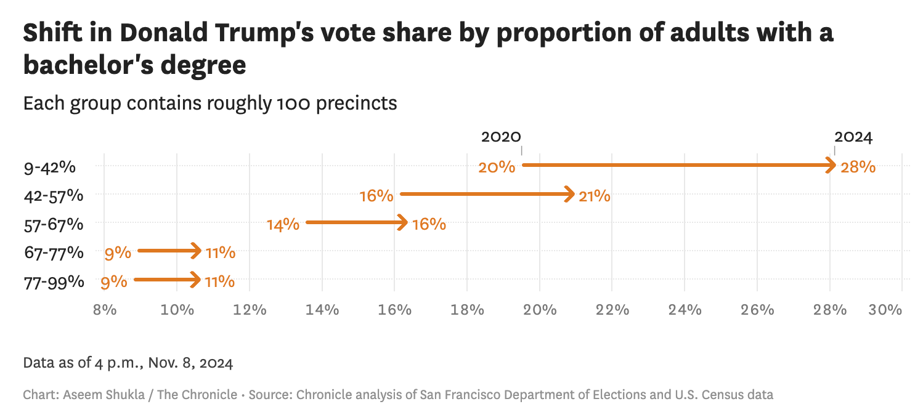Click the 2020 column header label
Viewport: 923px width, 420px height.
pos(501,137)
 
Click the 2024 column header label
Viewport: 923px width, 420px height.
pos(853,137)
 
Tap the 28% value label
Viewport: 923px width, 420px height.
pos(858,166)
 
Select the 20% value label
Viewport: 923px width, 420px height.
pos(497,166)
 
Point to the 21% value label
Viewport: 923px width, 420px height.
pos(594,196)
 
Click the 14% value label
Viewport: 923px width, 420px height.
pos(283,225)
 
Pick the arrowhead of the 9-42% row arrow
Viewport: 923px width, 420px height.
pos(831,165)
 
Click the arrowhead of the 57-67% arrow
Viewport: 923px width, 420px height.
pos(403,222)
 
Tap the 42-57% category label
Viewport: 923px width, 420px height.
pos(53,196)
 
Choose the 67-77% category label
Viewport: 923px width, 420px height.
pos(53,252)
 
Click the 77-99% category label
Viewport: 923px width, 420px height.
pos(53,281)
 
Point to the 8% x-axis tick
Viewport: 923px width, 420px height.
pos(105,309)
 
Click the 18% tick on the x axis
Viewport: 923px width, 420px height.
pos(467,309)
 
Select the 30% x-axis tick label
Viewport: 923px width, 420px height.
pos(885,309)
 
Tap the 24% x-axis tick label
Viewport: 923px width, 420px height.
pos(685,309)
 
